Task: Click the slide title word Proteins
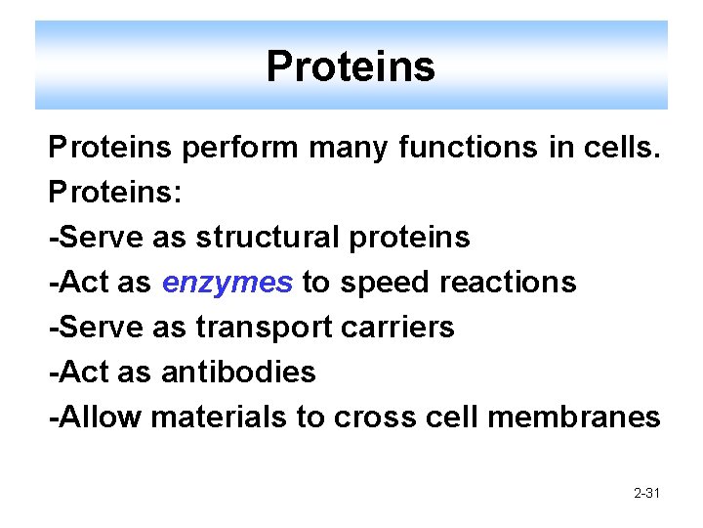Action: click(351, 67)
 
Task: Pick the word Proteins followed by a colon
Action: click(115, 193)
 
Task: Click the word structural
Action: click(258, 238)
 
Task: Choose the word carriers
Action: click(400, 328)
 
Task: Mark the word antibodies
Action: click(238, 373)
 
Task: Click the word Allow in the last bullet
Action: click(101, 418)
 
